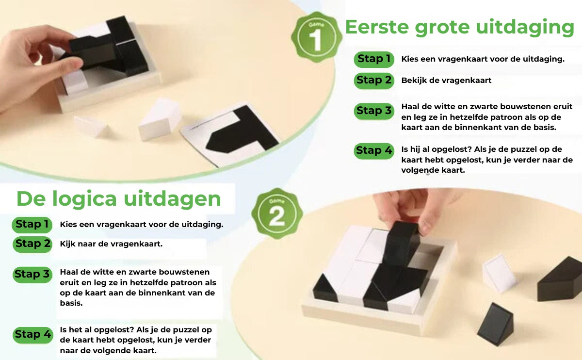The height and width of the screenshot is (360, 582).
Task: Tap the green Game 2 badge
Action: pos(276,213)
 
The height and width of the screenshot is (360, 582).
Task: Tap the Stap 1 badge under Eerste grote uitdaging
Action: pos(373,59)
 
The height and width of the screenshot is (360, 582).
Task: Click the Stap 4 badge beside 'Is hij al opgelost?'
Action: pos(373,150)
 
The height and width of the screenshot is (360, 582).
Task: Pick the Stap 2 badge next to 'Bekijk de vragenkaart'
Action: pos(373,81)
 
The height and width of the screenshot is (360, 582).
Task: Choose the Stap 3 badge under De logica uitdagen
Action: pos(32,275)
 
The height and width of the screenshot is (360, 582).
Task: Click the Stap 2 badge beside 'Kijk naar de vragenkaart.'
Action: pos(32,244)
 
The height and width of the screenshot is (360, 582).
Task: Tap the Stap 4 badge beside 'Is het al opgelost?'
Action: pos(32,334)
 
